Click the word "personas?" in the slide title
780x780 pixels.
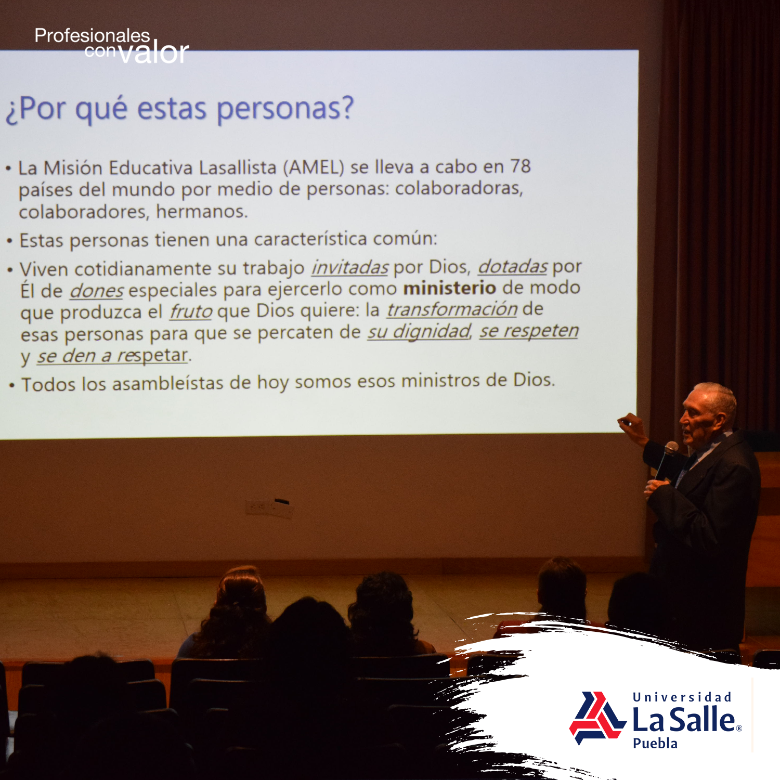pos(285,109)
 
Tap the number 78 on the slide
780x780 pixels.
pos(520,166)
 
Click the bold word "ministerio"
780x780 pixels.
pos(450,288)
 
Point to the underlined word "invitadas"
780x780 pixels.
pos(349,267)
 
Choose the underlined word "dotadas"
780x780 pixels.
pos(513,266)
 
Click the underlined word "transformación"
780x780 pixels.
pos(452,309)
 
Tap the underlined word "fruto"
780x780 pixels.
pos(191,311)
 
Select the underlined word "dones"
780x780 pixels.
pos(97,291)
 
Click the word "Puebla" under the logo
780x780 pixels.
pos(655,743)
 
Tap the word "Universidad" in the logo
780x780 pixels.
pos(682,697)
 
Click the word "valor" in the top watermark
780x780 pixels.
pos(154,53)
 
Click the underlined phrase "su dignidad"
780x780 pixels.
pos(419,332)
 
